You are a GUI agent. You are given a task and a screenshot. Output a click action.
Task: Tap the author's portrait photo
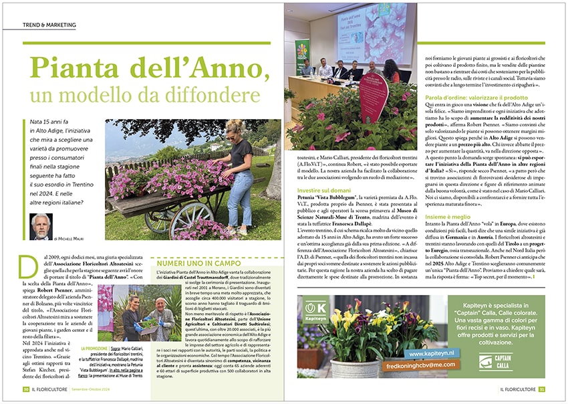click(41, 227)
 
